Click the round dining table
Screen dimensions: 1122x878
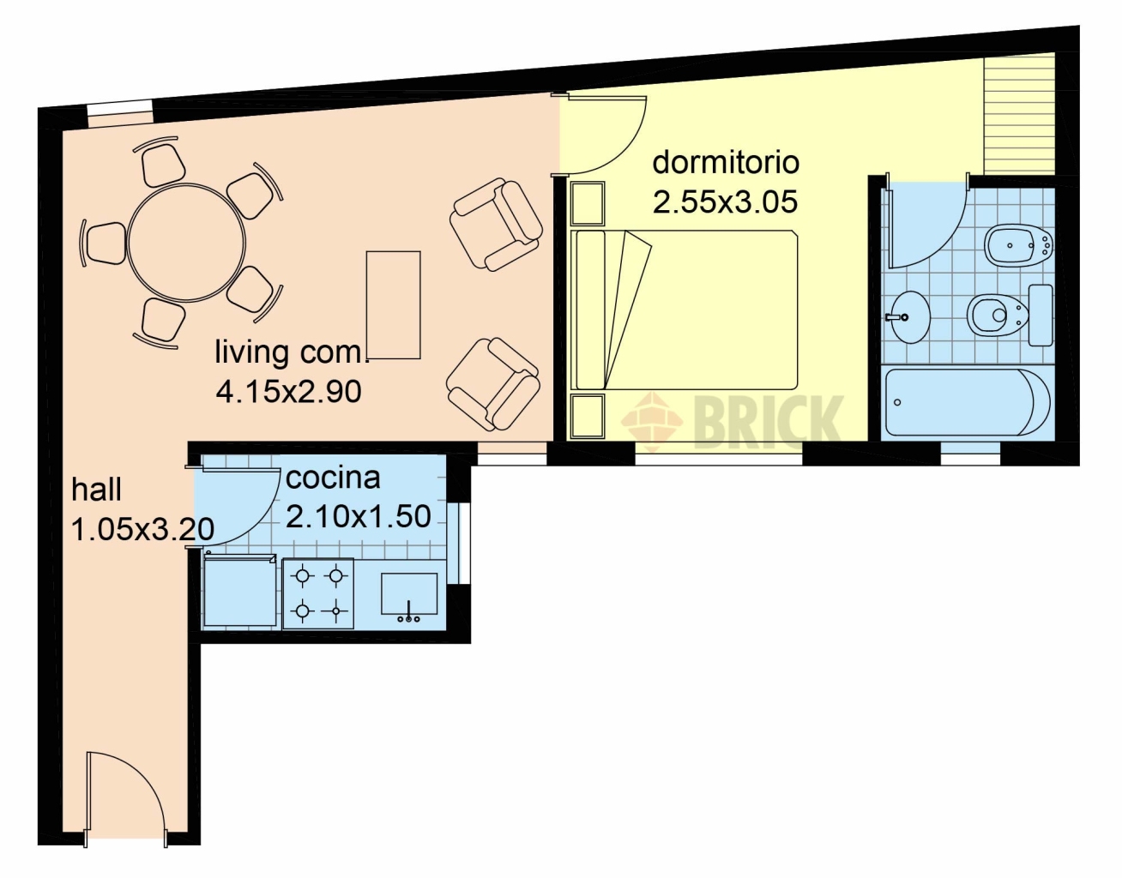(x=186, y=243)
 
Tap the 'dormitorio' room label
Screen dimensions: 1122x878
(x=726, y=162)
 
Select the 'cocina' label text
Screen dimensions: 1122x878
(x=333, y=478)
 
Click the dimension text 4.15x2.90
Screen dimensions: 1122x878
(x=288, y=392)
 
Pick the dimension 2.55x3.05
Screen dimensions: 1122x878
(x=725, y=201)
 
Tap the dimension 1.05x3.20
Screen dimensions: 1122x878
(x=142, y=529)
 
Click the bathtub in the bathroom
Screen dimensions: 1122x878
(x=968, y=403)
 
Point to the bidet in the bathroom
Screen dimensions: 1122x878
(x=1018, y=247)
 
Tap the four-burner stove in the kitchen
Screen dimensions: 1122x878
(x=318, y=593)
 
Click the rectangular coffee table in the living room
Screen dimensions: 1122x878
(x=393, y=305)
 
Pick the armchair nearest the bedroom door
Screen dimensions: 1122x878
(x=496, y=225)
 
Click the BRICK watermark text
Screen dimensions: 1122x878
(x=768, y=422)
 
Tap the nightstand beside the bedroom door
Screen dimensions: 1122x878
(x=588, y=204)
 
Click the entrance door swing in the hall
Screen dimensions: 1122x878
(x=125, y=796)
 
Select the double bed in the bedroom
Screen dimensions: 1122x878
(x=685, y=310)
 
